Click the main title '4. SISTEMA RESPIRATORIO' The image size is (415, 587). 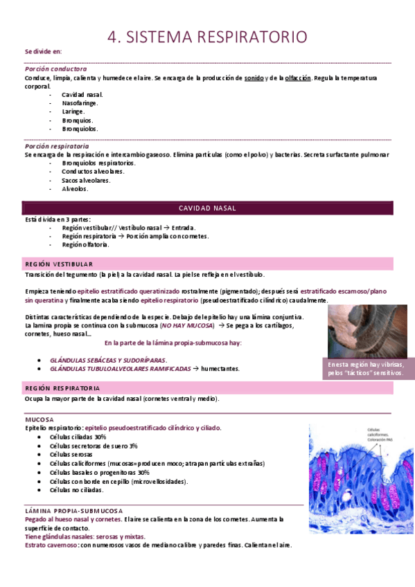[207, 37]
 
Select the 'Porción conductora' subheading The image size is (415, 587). [55, 69]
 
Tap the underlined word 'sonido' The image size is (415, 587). [254, 78]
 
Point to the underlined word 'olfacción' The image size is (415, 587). [298, 78]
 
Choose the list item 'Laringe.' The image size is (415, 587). [73, 111]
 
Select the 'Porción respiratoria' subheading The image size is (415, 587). [56, 146]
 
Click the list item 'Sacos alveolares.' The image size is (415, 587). [85, 180]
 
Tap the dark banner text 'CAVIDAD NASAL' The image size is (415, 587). [208, 208]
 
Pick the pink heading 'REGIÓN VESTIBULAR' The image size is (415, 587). [59, 264]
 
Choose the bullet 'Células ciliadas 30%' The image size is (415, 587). [78, 437]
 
